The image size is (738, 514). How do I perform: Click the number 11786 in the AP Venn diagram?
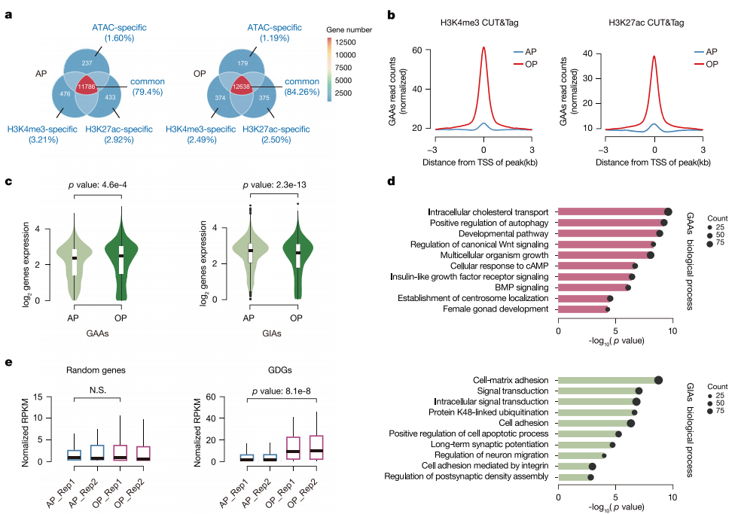click(x=87, y=87)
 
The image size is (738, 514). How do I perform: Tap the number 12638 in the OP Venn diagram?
click(x=241, y=87)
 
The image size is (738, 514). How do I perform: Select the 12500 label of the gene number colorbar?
click(x=346, y=42)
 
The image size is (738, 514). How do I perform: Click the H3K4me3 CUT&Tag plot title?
click(x=479, y=23)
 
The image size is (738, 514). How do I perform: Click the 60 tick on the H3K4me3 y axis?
click(x=417, y=50)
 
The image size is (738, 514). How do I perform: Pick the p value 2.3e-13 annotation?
click(x=274, y=185)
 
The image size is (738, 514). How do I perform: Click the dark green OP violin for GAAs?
click(x=121, y=254)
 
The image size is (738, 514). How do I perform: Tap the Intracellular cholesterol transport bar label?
click(x=488, y=212)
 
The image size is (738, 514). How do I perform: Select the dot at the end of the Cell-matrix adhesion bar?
click(x=658, y=380)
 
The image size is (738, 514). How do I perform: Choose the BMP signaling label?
click(x=521, y=287)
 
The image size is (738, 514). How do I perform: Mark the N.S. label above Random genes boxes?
click(x=98, y=390)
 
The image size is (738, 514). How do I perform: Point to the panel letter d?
click(x=391, y=181)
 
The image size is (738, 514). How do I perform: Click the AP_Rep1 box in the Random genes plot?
click(x=74, y=455)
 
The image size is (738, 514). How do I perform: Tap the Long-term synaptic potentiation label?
click(x=489, y=445)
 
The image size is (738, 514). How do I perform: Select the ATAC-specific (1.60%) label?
click(x=119, y=32)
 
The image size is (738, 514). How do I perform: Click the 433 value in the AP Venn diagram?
click(x=110, y=97)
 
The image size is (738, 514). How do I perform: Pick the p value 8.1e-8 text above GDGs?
click(x=282, y=391)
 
